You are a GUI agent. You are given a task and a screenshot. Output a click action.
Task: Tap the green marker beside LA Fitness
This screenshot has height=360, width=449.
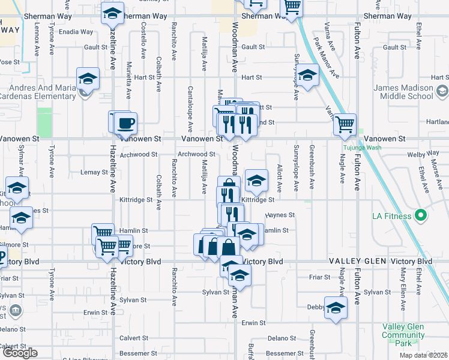pyautogui.click(x=421, y=216)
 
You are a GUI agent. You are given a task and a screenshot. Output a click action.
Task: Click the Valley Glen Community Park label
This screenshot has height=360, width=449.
pyautogui.click(x=403, y=335)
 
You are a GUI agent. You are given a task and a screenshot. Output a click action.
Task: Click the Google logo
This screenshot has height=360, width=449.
pyautogui.click(x=20, y=352)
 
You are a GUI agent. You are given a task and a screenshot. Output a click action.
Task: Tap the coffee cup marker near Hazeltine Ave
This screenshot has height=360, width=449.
pyautogui.click(x=125, y=123)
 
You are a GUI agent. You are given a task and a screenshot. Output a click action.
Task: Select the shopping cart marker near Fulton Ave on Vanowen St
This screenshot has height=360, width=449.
pyautogui.click(x=345, y=125)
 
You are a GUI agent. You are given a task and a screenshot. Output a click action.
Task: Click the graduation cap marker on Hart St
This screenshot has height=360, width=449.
pyautogui.click(x=307, y=76)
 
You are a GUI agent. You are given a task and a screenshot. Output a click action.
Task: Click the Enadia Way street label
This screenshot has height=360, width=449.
pyautogui.click(x=76, y=32)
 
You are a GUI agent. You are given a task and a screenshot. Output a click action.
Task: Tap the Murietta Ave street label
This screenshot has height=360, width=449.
pyautogui.click(x=128, y=79)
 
